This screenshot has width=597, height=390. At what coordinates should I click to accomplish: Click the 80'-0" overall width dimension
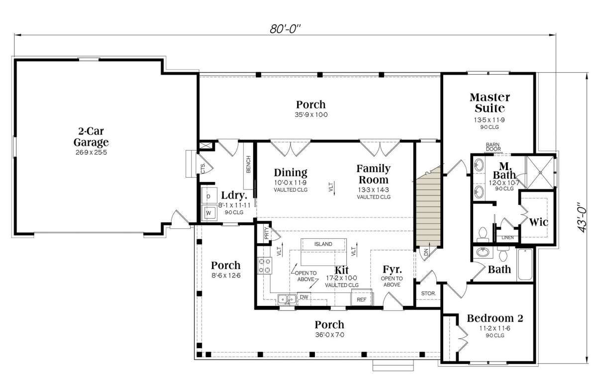[x=285, y=29]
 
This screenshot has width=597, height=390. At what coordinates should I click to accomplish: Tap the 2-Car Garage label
[x=91, y=136]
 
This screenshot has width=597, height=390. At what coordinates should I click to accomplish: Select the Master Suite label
[x=490, y=102]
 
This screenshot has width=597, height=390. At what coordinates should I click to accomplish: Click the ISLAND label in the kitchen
[x=323, y=244]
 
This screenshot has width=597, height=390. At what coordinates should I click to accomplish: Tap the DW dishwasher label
[x=304, y=297]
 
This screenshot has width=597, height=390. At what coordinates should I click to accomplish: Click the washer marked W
[x=209, y=213]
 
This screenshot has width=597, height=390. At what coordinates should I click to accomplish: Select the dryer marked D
[x=209, y=196]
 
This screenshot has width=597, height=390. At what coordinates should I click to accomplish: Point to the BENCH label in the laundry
[x=248, y=165]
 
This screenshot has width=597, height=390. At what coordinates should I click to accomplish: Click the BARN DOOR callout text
[x=493, y=147]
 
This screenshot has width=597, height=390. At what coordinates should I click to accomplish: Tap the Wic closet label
[x=538, y=222]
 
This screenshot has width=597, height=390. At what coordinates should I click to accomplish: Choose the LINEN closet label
[x=507, y=237]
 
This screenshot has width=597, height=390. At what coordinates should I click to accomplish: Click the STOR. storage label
[x=428, y=293]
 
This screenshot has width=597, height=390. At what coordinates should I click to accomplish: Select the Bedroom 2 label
[x=495, y=318]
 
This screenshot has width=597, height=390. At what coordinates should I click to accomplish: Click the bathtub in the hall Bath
[x=525, y=264]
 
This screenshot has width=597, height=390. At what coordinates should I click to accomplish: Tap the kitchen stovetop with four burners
[x=265, y=266]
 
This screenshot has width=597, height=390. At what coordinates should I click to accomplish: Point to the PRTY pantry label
[x=267, y=233]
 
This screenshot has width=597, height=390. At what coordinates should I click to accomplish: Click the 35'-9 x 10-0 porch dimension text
[x=311, y=115]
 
